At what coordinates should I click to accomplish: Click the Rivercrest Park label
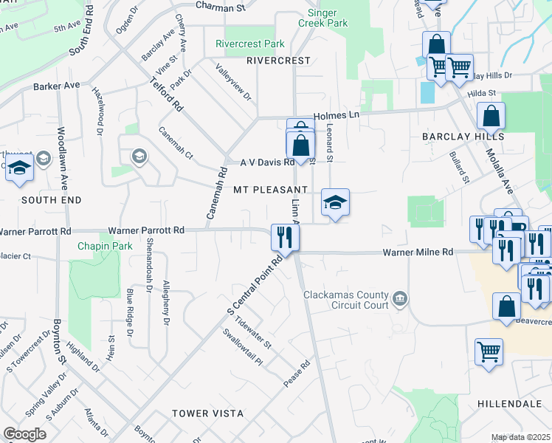[x=249, y=44]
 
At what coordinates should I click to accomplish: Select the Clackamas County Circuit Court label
[x=346, y=300]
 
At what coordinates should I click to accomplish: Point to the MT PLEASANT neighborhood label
[x=270, y=190]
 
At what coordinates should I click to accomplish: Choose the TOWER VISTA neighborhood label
[x=202, y=413]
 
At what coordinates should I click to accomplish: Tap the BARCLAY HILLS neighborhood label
[x=463, y=137]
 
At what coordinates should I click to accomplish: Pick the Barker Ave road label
[x=56, y=86]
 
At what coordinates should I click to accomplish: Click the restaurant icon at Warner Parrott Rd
[x=284, y=236]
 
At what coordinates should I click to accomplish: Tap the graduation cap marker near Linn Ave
[x=335, y=202]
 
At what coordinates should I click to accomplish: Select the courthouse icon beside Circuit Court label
[x=399, y=299]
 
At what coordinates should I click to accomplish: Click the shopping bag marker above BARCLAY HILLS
[x=491, y=115]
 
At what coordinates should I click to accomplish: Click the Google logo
[x=25, y=434]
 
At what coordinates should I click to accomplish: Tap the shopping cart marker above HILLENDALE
[x=489, y=351]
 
